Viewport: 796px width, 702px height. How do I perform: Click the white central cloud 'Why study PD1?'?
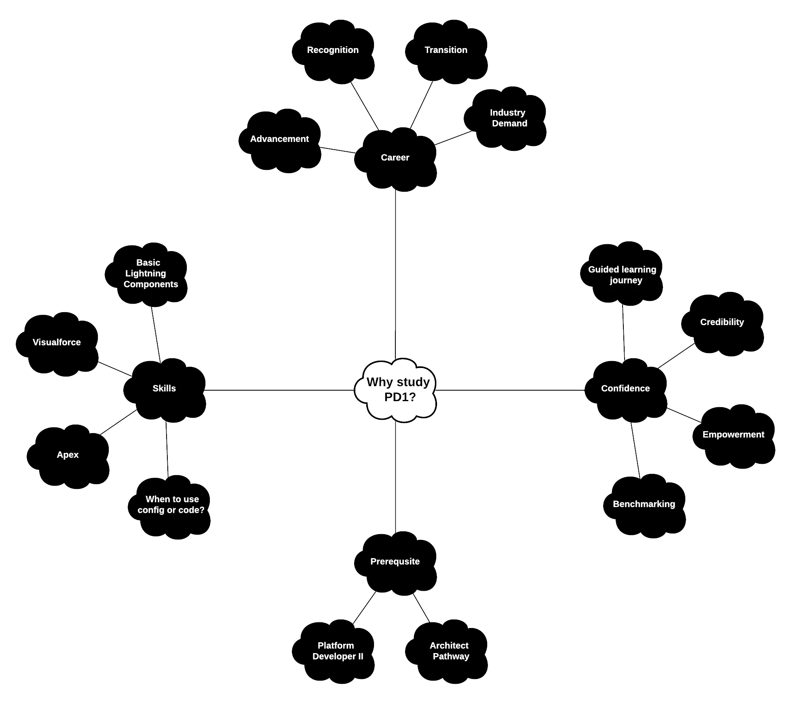396,390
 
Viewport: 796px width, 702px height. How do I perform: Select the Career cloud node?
395,160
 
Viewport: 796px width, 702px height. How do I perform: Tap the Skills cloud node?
165,390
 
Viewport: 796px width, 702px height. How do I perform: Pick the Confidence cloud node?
626,390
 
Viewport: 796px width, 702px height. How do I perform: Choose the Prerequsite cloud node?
395,563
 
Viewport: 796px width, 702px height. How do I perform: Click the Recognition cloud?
333,52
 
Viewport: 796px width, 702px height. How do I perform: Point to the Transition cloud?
446,52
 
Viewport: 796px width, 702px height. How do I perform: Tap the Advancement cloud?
280,141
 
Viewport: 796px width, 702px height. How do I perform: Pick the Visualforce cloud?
57,345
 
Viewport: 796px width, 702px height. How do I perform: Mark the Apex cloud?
68,457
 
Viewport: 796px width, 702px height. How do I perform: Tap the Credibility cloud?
722,324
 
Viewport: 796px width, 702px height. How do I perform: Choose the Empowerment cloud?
734,437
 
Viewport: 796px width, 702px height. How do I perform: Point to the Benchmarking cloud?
644,506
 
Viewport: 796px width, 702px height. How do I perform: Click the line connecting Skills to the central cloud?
279,390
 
